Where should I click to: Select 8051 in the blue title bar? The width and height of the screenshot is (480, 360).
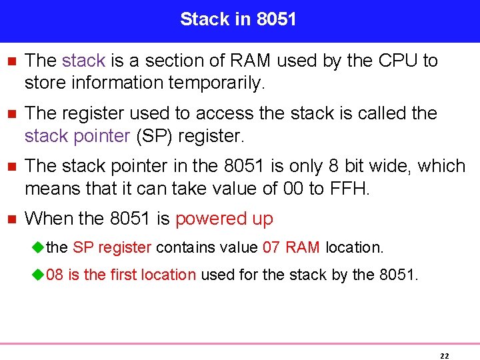[x=276, y=19]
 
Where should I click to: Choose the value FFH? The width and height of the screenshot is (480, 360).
[x=349, y=189]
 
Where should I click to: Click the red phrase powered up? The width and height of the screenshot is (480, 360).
[x=224, y=219]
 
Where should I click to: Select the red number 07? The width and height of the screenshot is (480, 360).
[x=271, y=247]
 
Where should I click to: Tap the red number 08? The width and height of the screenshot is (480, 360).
[x=55, y=275]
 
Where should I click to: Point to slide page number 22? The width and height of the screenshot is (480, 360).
[x=444, y=356]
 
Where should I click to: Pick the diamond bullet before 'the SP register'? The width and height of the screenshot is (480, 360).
[x=37, y=247]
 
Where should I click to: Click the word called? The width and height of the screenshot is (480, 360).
[x=377, y=113]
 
